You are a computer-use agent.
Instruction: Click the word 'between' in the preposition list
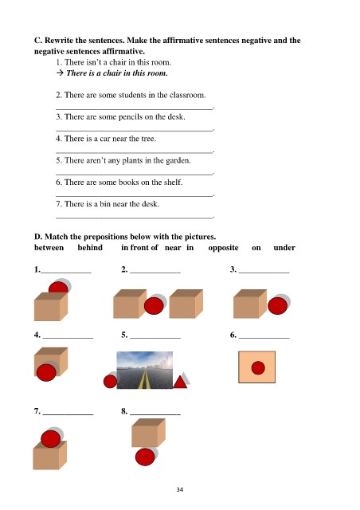[x=49, y=248]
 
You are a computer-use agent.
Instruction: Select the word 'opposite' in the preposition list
[x=223, y=248]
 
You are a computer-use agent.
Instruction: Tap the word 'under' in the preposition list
[x=284, y=248]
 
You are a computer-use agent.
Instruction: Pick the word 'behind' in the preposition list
[x=90, y=248]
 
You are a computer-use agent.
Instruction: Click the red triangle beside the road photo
[x=180, y=382]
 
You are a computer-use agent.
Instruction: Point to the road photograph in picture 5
[x=145, y=370]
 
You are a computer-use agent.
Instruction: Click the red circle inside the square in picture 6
[x=258, y=368]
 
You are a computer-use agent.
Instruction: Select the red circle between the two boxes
[x=154, y=306]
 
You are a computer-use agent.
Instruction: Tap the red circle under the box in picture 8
[x=145, y=457]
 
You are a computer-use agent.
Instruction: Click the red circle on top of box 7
[x=51, y=439]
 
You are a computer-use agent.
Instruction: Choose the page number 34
[x=180, y=489]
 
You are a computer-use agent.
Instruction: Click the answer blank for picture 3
[x=264, y=273]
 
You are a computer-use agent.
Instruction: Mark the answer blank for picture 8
[x=155, y=414]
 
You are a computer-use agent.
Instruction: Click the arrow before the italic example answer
[x=60, y=73]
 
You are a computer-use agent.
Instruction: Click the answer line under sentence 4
[x=135, y=152]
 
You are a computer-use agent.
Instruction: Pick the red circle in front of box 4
[x=46, y=373]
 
